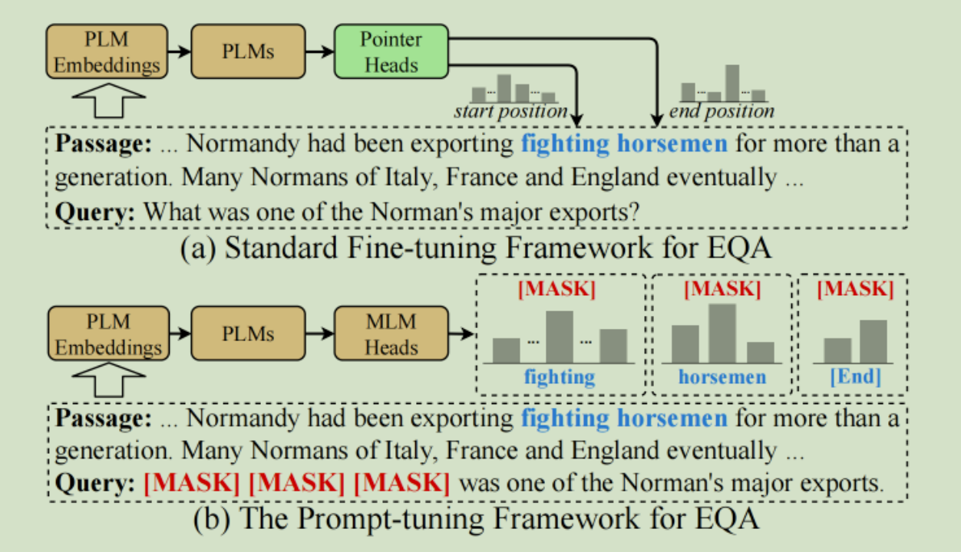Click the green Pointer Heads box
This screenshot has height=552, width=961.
tap(391, 51)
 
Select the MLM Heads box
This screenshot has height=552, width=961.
tap(391, 334)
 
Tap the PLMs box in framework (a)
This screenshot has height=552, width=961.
tap(248, 51)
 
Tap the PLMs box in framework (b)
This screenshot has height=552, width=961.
tap(248, 334)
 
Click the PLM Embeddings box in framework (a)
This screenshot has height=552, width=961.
tap(107, 51)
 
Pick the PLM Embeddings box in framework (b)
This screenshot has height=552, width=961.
tap(107, 334)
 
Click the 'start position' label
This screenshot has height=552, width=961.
tap(510, 112)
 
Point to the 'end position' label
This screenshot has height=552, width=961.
tap(722, 112)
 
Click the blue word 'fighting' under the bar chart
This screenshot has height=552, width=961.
tap(560, 376)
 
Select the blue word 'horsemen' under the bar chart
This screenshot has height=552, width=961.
tap(722, 376)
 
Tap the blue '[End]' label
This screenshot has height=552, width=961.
tap(855, 376)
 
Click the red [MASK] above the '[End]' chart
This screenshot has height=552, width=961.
tap(855, 289)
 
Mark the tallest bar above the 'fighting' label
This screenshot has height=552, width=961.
tap(560, 336)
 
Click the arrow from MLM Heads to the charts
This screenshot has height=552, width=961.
tap(461, 334)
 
